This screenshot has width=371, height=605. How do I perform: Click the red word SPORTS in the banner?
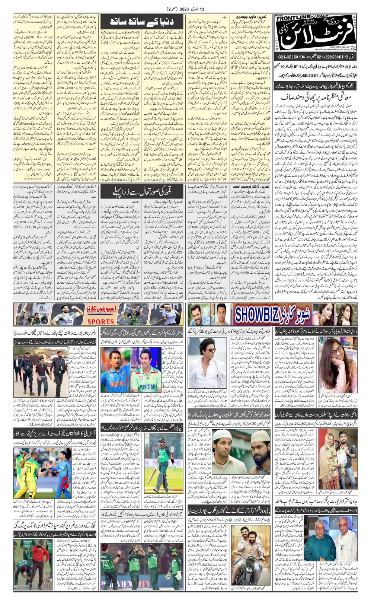(100, 321)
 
